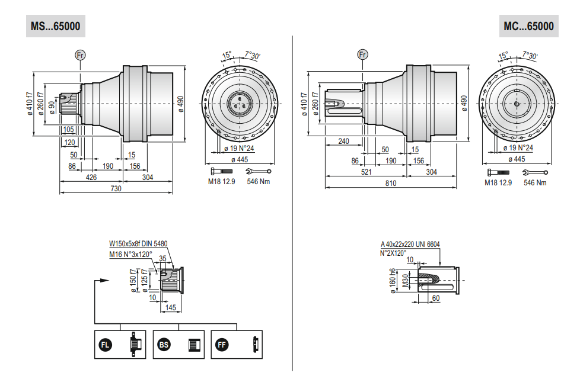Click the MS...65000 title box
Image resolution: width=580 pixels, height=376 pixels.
click(x=56, y=26)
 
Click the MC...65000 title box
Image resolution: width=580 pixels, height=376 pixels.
click(x=528, y=26)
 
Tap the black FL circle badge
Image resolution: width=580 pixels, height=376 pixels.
click(x=106, y=345)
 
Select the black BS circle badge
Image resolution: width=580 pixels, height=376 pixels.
click(x=164, y=345)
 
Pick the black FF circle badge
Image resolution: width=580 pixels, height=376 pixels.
click(x=222, y=345)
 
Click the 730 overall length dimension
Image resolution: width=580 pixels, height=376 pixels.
click(x=116, y=188)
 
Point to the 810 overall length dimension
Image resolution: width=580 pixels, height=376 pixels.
click(x=391, y=183)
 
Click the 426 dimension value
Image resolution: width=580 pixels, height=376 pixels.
click(x=91, y=177)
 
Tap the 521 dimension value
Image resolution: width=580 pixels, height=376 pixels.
click(x=366, y=172)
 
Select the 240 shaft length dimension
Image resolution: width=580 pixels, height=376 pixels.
click(x=343, y=141)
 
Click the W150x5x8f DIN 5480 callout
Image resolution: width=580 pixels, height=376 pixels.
click(x=138, y=244)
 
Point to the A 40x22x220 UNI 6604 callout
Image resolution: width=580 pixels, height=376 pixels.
click(x=410, y=244)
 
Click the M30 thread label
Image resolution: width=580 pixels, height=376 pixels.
click(x=406, y=280)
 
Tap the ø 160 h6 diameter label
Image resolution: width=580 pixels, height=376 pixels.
click(x=393, y=281)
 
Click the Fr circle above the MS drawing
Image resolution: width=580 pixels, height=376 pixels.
click(x=80, y=55)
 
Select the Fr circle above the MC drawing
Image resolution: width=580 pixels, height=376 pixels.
click(x=362, y=54)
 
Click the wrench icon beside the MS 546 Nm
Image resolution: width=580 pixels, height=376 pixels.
click(x=258, y=171)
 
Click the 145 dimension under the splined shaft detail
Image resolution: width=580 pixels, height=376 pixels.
click(x=171, y=307)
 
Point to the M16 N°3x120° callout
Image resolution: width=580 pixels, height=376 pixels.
click(x=130, y=254)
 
